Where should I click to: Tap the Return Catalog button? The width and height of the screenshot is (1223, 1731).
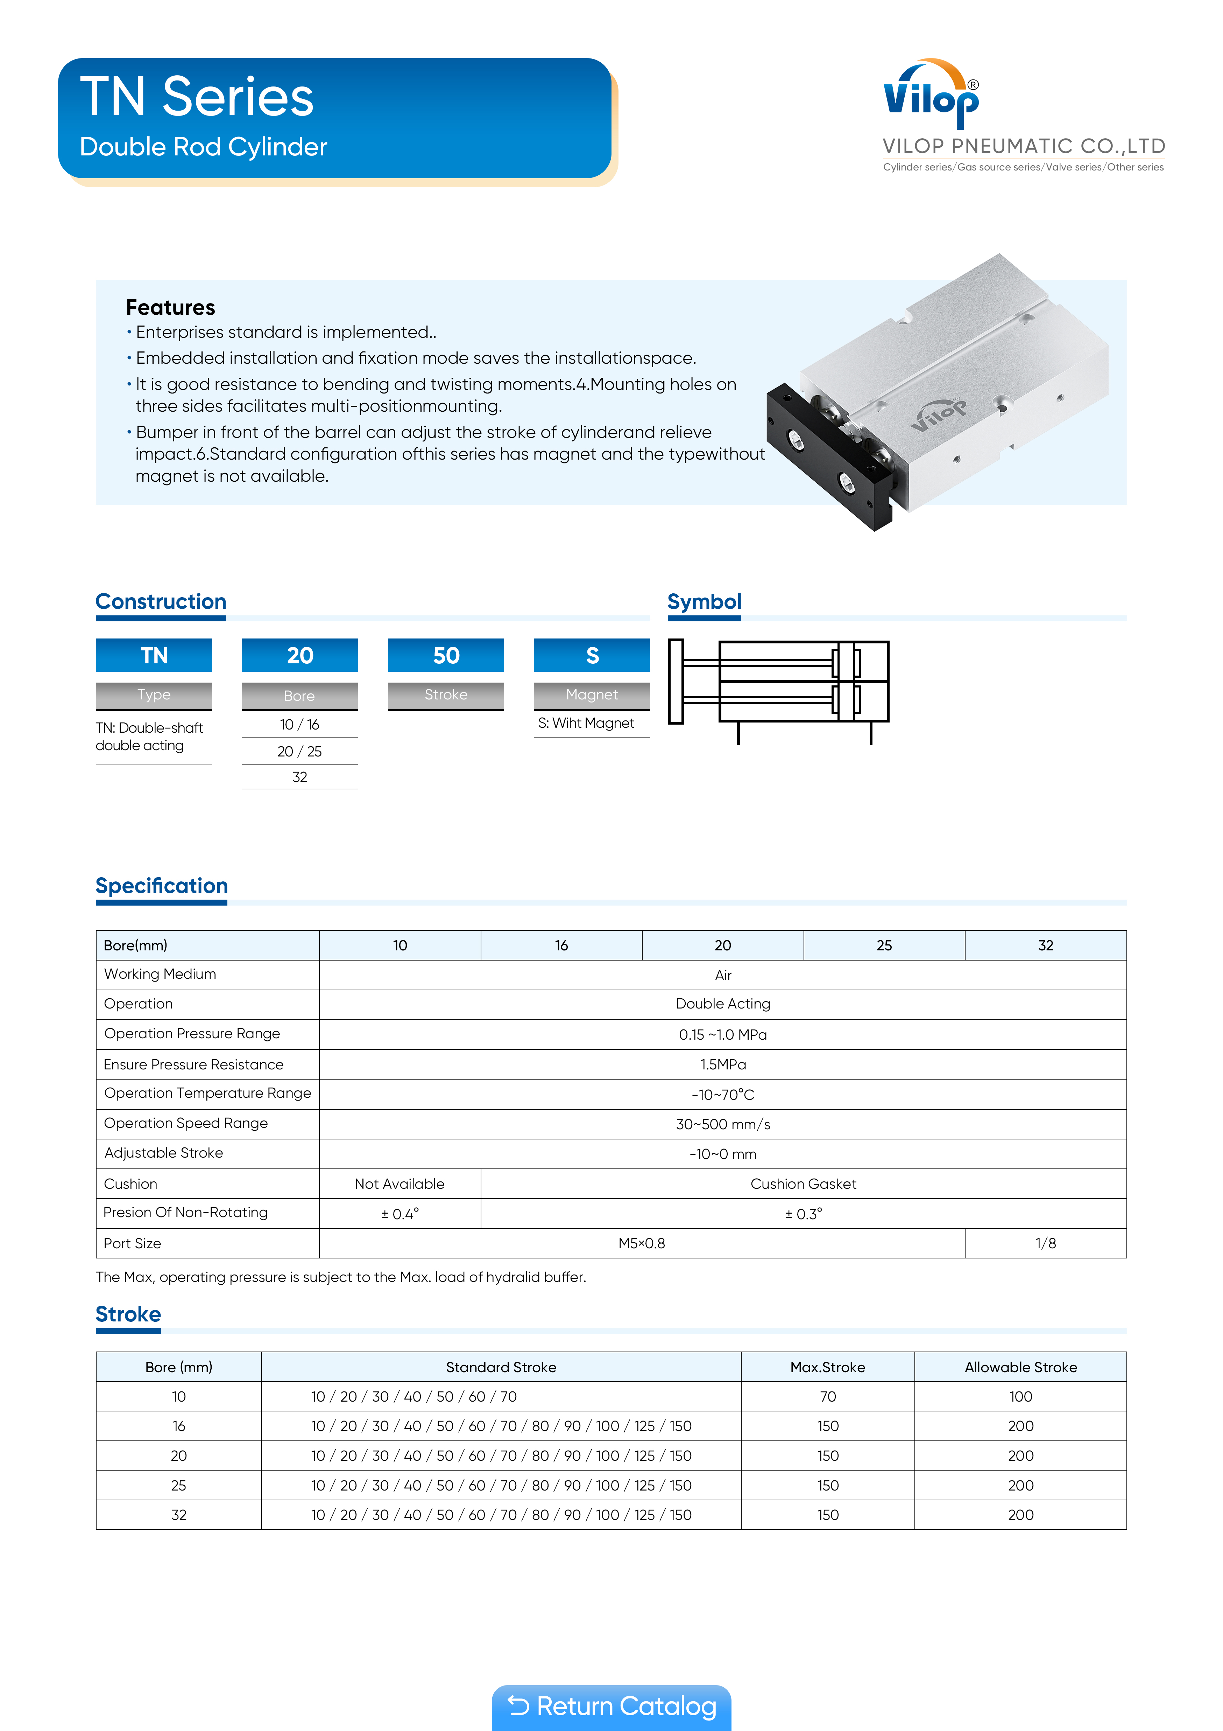pyautogui.click(x=611, y=1706)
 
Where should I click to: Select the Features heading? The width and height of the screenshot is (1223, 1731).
pyautogui.click(x=170, y=308)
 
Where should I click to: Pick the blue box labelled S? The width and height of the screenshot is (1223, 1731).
pyautogui.click(x=592, y=655)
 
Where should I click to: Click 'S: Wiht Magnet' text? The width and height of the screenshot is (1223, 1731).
pyautogui.click(x=586, y=723)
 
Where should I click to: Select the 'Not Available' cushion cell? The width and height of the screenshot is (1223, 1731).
pyautogui.click(x=400, y=1184)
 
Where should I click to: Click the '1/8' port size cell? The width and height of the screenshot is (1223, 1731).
pyautogui.click(x=1045, y=1243)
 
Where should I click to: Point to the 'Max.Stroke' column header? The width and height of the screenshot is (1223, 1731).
pyautogui.click(x=827, y=1367)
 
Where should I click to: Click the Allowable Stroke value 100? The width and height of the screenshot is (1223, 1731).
pyautogui.click(x=1020, y=1396)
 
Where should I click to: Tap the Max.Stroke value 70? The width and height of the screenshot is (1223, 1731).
pyautogui.click(x=827, y=1396)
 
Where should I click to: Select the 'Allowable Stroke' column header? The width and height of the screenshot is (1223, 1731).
pyautogui.click(x=1020, y=1367)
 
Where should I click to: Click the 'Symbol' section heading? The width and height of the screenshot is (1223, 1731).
pyautogui.click(x=704, y=602)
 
